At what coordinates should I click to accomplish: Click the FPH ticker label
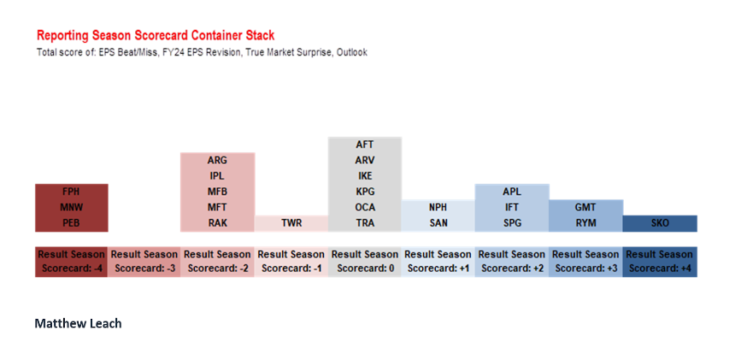click(71, 192)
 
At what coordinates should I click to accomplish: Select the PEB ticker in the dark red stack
click(71, 223)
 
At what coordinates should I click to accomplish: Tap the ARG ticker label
click(217, 161)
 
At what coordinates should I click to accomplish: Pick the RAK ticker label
click(217, 223)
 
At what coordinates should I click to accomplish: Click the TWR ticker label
click(291, 223)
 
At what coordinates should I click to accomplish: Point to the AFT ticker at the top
click(365, 145)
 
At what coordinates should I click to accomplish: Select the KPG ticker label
click(365, 192)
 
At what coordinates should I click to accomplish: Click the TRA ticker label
click(365, 223)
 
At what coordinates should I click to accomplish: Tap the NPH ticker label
click(438, 208)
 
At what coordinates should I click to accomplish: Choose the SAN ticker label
click(438, 223)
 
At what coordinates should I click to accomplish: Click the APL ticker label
click(512, 192)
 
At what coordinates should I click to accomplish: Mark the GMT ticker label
click(585, 208)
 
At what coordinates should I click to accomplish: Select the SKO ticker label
click(660, 223)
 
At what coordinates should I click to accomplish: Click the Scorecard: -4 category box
click(71, 262)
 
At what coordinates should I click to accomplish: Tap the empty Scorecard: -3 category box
click(144, 262)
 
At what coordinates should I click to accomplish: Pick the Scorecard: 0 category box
click(364, 262)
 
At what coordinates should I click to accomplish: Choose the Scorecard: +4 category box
click(660, 262)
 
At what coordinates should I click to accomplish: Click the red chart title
click(156, 35)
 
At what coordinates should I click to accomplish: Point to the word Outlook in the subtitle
click(352, 52)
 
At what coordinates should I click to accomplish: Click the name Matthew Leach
click(79, 323)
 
